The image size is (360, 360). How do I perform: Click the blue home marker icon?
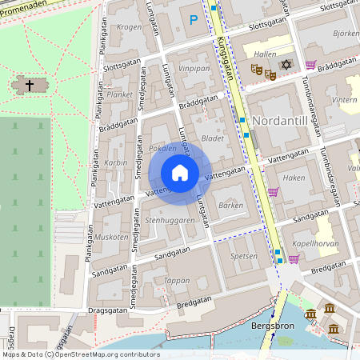[x=180, y=172]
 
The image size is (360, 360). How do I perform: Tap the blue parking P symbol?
[x=193, y=20]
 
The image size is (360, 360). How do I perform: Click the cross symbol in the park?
[x=30, y=84]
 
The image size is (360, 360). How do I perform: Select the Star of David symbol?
[x=286, y=64]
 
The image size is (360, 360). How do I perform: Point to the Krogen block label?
[x=129, y=27]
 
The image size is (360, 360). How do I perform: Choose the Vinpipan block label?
[x=194, y=69]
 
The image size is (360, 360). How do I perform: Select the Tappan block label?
[x=177, y=280]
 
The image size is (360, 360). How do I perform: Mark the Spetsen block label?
[x=244, y=256]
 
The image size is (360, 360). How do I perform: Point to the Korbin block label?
[x=116, y=162]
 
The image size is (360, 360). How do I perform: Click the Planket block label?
[x=119, y=94]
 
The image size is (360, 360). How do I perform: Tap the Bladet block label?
[x=213, y=138]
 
